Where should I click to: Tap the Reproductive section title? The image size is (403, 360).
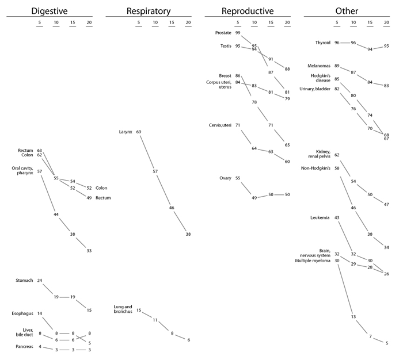[248, 11]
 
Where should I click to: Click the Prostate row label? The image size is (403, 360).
[223, 33]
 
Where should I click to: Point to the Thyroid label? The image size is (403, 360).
[322, 43]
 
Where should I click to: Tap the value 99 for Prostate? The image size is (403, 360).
[238, 33]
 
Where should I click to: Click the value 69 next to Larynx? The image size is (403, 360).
[139, 132]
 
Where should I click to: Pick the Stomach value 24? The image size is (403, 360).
[40, 281]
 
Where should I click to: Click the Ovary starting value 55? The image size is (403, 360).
[238, 178]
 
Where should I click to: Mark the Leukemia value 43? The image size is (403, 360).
[337, 217]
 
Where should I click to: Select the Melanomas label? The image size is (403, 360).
[320, 66]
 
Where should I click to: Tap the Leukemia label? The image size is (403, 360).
[321, 217]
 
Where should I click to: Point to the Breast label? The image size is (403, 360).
[225, 75]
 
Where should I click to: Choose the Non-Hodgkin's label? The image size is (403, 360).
[316, 168]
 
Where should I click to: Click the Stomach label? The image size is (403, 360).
[25, 281]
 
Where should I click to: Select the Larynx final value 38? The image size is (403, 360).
[188, 234]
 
